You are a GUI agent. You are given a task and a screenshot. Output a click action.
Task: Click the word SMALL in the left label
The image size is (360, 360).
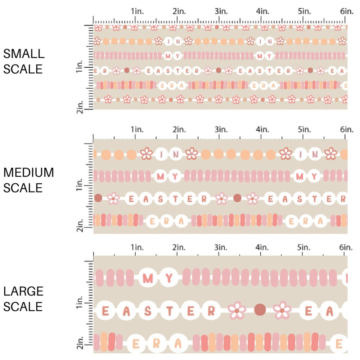[24, 54]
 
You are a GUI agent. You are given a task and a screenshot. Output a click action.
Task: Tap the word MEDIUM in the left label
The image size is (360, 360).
[28, 172]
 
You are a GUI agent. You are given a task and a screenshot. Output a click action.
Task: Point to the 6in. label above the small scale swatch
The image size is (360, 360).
[346, 11]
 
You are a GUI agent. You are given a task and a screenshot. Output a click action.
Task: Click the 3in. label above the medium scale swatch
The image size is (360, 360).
[220, 129]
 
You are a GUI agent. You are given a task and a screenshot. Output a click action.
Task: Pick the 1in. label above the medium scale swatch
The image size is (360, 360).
[136, 129]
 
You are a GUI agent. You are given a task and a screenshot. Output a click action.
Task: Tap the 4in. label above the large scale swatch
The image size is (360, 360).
[262, 247]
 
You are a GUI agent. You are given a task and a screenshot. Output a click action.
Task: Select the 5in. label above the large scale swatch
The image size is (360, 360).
[304, 247]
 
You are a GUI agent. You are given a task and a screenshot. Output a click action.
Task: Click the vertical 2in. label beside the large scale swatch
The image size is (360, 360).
[81, 342]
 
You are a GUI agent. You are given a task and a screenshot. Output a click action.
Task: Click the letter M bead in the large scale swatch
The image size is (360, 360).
[148, 278]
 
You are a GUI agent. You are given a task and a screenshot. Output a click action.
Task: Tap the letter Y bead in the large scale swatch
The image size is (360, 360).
[170, 278]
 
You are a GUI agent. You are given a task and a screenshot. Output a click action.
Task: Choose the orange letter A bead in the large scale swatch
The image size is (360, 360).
[178, 344]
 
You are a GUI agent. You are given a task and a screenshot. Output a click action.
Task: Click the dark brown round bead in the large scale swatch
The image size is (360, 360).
[260, 310]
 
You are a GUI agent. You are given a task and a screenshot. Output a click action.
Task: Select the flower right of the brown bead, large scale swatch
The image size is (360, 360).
[283, 310]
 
